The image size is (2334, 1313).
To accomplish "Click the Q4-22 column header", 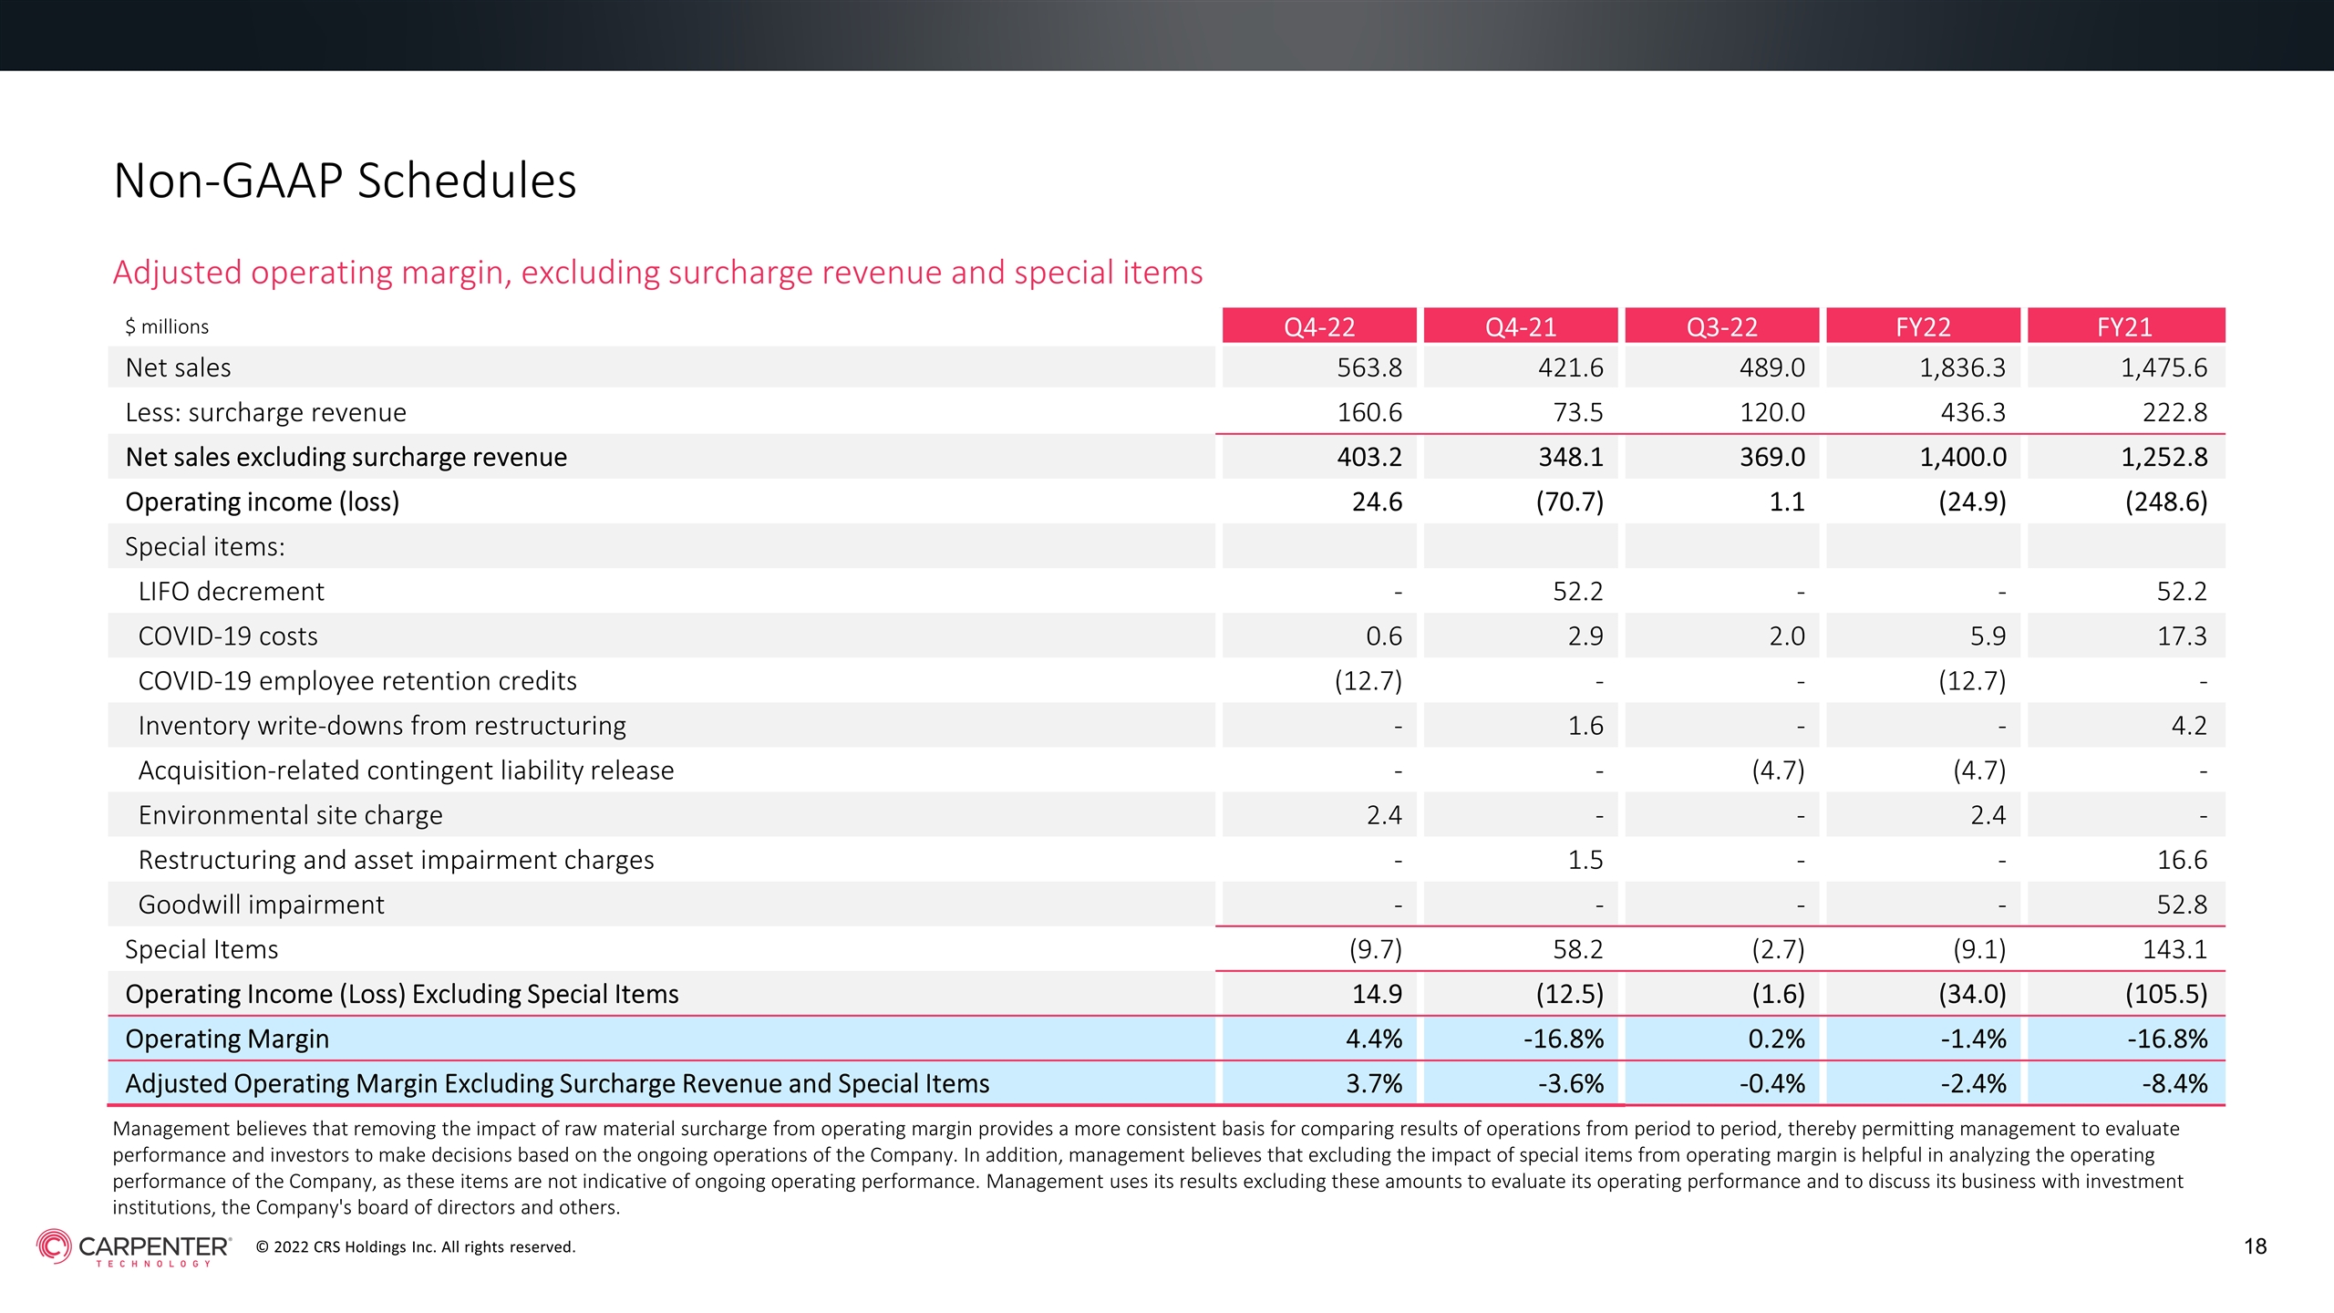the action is point(1319,326).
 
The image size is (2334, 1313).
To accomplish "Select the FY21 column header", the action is point(2125,326).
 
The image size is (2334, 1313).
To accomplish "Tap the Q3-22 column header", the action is point(1721,326).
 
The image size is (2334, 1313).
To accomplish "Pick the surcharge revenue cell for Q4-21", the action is point(1577,412).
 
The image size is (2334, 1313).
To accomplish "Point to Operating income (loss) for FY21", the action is point(2166,501).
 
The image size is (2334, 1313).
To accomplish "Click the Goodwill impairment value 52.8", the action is point(2182,905).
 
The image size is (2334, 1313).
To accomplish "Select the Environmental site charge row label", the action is point(290,815).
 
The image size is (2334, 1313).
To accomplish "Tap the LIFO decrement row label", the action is point(231,592).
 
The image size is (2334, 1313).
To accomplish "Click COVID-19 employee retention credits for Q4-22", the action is point(1368,681).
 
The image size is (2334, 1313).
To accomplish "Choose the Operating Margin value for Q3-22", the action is point(1776,1039).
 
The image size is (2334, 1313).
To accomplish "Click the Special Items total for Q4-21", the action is point(1577,949).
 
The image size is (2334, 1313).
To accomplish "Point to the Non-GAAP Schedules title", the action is point(345,181).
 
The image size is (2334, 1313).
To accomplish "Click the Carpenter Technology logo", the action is point(134,1247).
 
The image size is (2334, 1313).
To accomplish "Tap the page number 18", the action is point(2256,1246).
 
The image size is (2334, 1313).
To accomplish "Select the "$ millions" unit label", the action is point(167,326).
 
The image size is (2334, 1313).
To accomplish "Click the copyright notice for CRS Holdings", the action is point(416,1247).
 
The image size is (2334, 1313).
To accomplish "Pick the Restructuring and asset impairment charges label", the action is point(396,860).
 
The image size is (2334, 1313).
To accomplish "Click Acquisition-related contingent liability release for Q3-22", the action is point(1778,770).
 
